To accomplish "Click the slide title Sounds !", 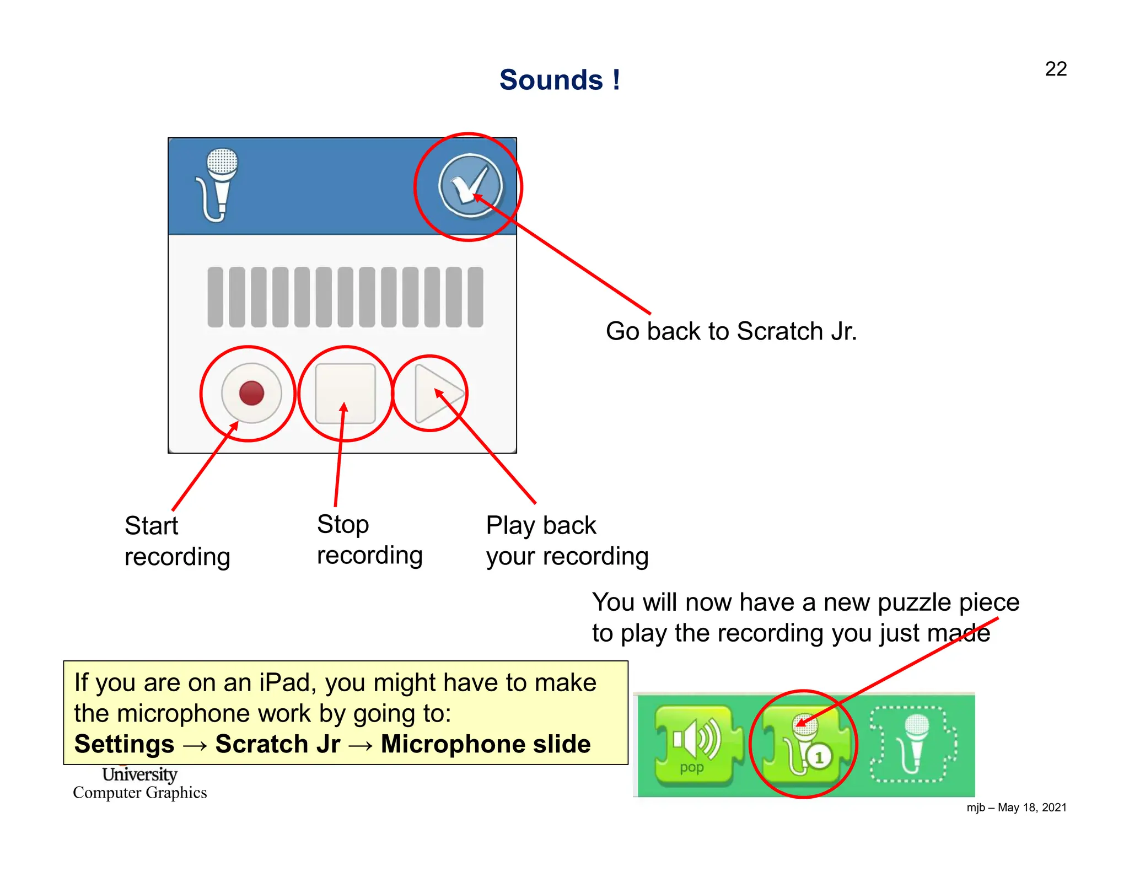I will click(560, 80).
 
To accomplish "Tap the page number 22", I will click(1055, 69).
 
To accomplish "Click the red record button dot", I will click(251, 393).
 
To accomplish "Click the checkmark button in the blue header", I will click(470, 186).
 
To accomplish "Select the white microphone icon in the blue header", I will click(218, 185).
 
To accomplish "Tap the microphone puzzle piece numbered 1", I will click(803, 744).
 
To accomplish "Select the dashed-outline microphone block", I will click(913, 744).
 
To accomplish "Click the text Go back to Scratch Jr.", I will click(731, 331).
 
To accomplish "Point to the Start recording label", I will click(176, 541).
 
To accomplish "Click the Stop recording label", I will click(369, 540).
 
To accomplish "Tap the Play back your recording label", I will click(567, 541).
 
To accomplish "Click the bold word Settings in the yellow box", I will click(125, 744).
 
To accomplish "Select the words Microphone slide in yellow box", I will click(486, 744).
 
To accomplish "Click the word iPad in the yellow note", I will click(287, 683).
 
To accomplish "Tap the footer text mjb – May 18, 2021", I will click(1016, 808).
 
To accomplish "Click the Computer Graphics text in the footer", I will click(140, 793).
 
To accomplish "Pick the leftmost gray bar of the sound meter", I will click(215, 297).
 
